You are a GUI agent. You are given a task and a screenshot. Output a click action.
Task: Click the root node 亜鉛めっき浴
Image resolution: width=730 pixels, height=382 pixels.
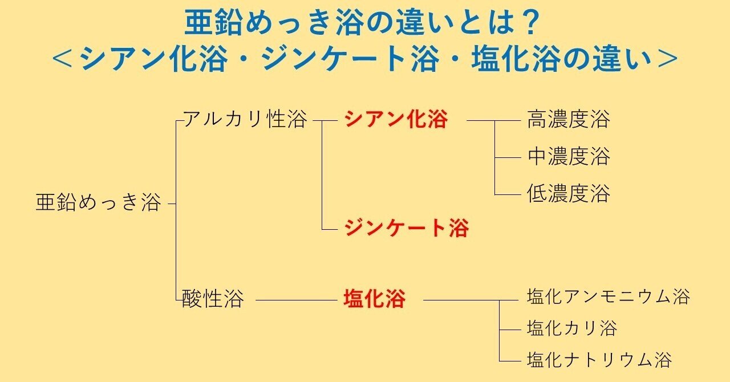coord(98,203)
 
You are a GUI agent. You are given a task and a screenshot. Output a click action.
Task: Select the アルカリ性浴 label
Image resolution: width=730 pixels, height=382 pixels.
coord(245,120)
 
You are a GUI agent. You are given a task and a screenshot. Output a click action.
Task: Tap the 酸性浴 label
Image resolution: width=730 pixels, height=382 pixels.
coord(213,299)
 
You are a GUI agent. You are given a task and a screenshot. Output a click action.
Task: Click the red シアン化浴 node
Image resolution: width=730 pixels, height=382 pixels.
coord(396,120)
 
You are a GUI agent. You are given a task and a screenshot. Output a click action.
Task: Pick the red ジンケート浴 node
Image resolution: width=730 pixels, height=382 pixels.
coord(405,229)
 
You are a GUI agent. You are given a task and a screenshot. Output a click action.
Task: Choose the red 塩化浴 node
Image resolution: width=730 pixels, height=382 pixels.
coord(374,299)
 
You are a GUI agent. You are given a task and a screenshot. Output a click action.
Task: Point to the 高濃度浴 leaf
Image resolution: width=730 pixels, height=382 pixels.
coord(569,120)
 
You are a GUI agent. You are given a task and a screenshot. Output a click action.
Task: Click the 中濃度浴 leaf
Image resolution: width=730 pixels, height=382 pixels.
coord(569,157)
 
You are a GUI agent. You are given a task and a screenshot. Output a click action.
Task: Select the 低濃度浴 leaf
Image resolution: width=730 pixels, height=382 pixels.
coord(569,194)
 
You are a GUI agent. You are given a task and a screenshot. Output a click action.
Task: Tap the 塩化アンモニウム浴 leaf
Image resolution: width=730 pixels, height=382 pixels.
coord(609,297)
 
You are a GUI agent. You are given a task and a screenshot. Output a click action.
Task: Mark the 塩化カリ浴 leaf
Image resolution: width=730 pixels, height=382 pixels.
coord(572,328)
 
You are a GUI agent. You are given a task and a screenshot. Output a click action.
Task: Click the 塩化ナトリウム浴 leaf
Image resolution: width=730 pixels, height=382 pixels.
coord(599,360)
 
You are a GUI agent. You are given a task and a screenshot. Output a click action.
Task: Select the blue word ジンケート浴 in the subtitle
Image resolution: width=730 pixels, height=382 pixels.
coord(351,59)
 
